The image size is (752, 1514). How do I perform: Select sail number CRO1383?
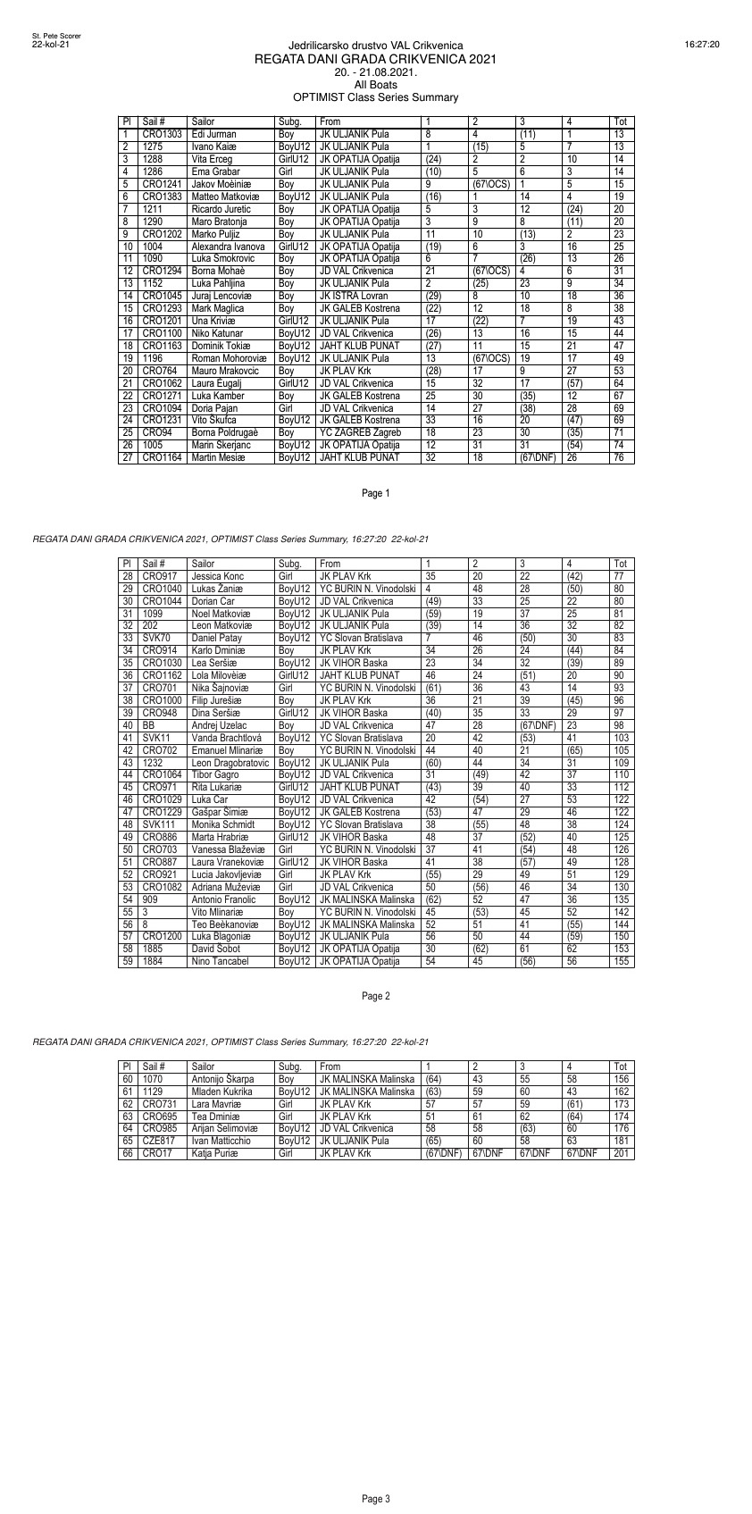coord(162,197)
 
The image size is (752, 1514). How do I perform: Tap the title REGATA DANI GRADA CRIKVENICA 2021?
coord(375,59)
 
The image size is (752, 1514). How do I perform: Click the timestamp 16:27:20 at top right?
coord(702,44)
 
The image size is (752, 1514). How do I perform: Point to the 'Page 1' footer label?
coord(376,493)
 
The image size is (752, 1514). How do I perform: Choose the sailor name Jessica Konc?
coord(218,577)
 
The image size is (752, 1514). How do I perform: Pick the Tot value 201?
coord(621,1154)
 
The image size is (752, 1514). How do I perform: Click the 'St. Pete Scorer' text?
coord(56,36)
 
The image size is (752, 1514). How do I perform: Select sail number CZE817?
coord(159,1142)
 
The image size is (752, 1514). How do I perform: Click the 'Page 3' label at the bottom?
coord(376,1499)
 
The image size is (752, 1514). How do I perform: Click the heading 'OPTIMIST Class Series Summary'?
coord(375,97)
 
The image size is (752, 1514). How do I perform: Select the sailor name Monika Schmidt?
coord(223,825)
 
